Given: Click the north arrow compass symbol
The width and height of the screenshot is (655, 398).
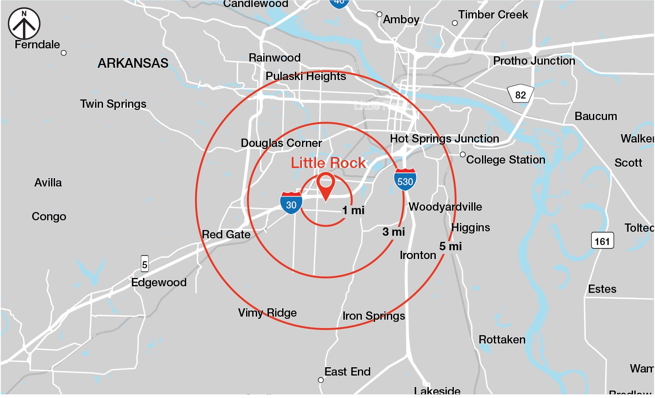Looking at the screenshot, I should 24,24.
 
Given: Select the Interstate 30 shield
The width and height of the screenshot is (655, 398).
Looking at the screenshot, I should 291,203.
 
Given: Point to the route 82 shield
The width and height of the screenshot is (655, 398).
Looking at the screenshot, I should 520,94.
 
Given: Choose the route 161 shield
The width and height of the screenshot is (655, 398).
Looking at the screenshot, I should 602,241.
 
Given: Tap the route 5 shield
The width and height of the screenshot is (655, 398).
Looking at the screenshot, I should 144,264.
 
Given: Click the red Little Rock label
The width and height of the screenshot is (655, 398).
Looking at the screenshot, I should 328,163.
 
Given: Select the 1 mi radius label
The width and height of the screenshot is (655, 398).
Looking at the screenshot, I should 353,210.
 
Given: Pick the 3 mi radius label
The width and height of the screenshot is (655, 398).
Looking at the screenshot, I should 394,232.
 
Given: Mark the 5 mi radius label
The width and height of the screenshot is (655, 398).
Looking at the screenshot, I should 450,246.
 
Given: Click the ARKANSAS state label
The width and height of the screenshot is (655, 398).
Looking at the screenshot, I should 133,63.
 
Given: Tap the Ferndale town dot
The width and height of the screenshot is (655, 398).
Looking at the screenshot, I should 64,53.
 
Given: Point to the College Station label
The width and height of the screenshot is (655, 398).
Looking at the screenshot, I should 505,160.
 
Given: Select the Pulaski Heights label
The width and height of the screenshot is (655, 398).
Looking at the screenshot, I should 305,76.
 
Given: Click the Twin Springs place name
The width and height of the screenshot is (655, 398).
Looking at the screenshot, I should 113,104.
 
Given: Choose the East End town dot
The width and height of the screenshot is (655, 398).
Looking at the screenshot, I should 321,380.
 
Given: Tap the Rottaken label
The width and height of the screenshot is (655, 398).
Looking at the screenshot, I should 502,340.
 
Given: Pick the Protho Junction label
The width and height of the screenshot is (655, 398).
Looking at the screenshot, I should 534,61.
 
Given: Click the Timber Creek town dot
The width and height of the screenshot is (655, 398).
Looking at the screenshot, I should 455,23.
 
